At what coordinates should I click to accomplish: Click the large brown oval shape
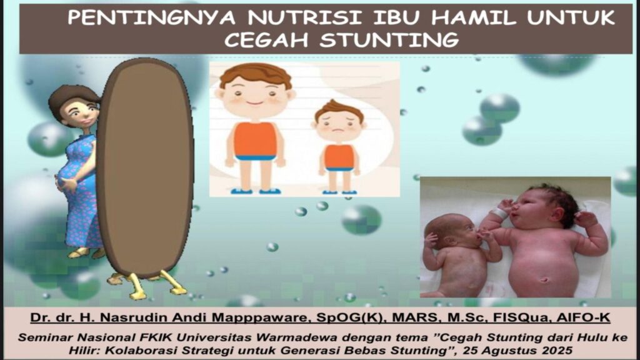tap(146, 167)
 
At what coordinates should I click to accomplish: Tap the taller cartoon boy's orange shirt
tap(255, 139)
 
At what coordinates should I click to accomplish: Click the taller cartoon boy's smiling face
tap(255, 96)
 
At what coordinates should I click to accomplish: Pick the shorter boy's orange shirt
tap(339, 156)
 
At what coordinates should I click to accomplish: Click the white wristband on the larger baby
tap(499, 213)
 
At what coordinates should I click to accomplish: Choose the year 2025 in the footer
tap(558, 350)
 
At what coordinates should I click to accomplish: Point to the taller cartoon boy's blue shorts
tap(256, 157)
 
